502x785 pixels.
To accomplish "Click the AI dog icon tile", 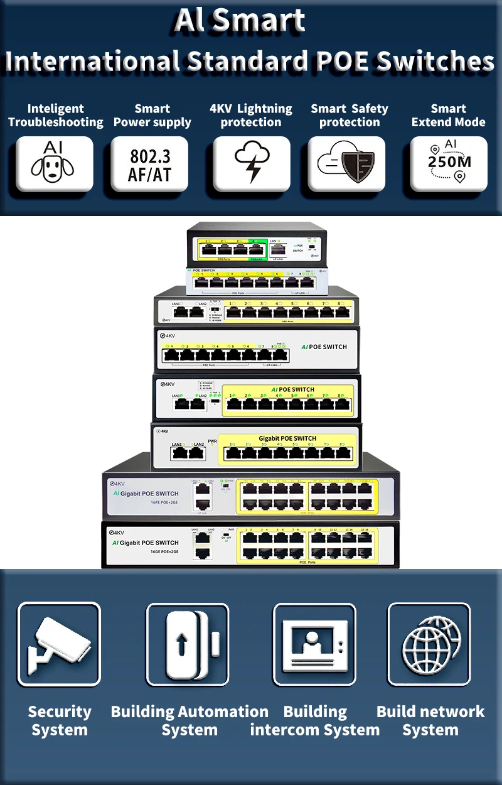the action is pos(55,164).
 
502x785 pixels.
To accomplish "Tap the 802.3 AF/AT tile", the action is pos(149,164).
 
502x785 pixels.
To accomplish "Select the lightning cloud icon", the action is pos(251,164).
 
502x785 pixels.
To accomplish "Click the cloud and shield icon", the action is pos(346,164).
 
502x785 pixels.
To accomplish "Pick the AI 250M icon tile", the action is pos(448,164).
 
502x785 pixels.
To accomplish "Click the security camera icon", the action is pos(58,644).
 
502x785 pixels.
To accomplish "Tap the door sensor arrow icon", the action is pos(188,644).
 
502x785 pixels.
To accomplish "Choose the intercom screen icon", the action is pos(314,644).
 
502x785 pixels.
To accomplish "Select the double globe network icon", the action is pos(429,644).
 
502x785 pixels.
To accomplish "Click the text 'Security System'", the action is pos(60,721).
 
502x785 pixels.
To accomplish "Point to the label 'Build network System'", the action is pos(430,721).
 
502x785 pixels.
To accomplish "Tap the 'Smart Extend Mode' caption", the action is pos(448,116).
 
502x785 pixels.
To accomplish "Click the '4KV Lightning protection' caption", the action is pos(251,116).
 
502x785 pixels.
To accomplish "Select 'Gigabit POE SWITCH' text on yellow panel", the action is pos(287,438).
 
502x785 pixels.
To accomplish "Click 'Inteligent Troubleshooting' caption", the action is pos(55,116).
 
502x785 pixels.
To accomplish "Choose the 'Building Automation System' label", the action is pos(190,721).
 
